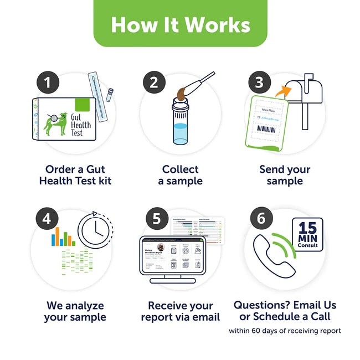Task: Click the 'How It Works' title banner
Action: [180, 25]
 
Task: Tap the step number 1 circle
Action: [48, 84]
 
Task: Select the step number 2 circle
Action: [154, 84]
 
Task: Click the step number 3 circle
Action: [259, 84]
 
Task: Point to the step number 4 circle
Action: [48, 219]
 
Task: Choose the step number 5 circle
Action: [157, 219]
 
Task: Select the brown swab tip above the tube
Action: [181, 92]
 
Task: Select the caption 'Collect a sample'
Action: [180, 175]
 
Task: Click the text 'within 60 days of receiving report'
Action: [285, 331]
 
